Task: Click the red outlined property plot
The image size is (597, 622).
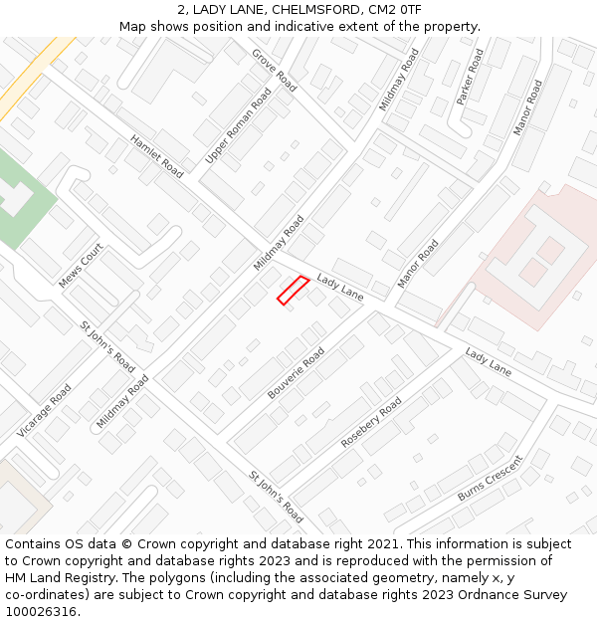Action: tap(293, 290)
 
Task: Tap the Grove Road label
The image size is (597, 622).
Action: tap(274, 70)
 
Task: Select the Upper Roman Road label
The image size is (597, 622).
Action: tap(238, 126)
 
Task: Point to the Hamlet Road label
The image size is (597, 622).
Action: tap(157, 157)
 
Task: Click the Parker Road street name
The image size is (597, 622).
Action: tap(470, 78)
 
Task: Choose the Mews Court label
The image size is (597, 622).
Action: tap(81, 267)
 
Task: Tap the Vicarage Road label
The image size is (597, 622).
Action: tap(44, 411)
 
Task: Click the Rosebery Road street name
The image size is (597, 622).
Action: tap(371, 422)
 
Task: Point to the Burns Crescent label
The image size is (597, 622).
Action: tap(490, 479)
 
